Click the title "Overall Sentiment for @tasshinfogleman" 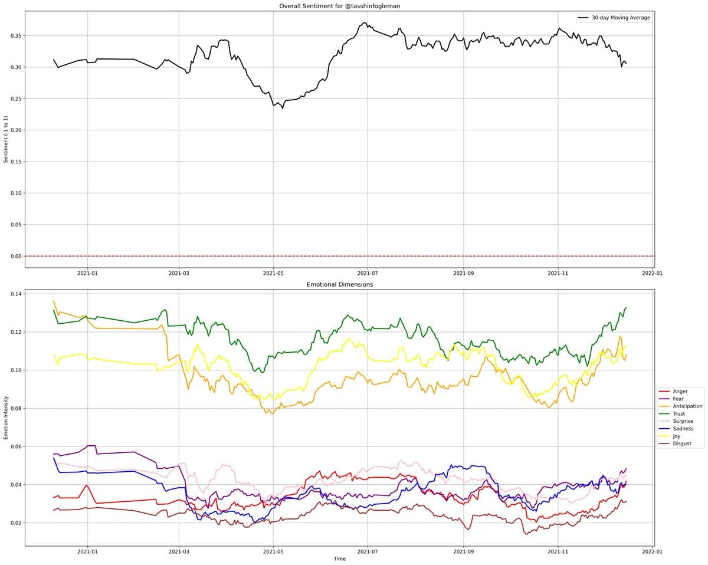click(x=339, y=6)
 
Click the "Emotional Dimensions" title click(x=339, y=284)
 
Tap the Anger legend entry click(x=680, y=392)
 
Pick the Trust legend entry click(x=678, y=414)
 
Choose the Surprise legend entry click(x=683, y=421)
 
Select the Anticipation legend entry click(x=687, y=406)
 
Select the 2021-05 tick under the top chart click(x=273, y=273)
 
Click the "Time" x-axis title click(x=339, y=559)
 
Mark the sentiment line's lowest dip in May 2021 click(x=282, y=109)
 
